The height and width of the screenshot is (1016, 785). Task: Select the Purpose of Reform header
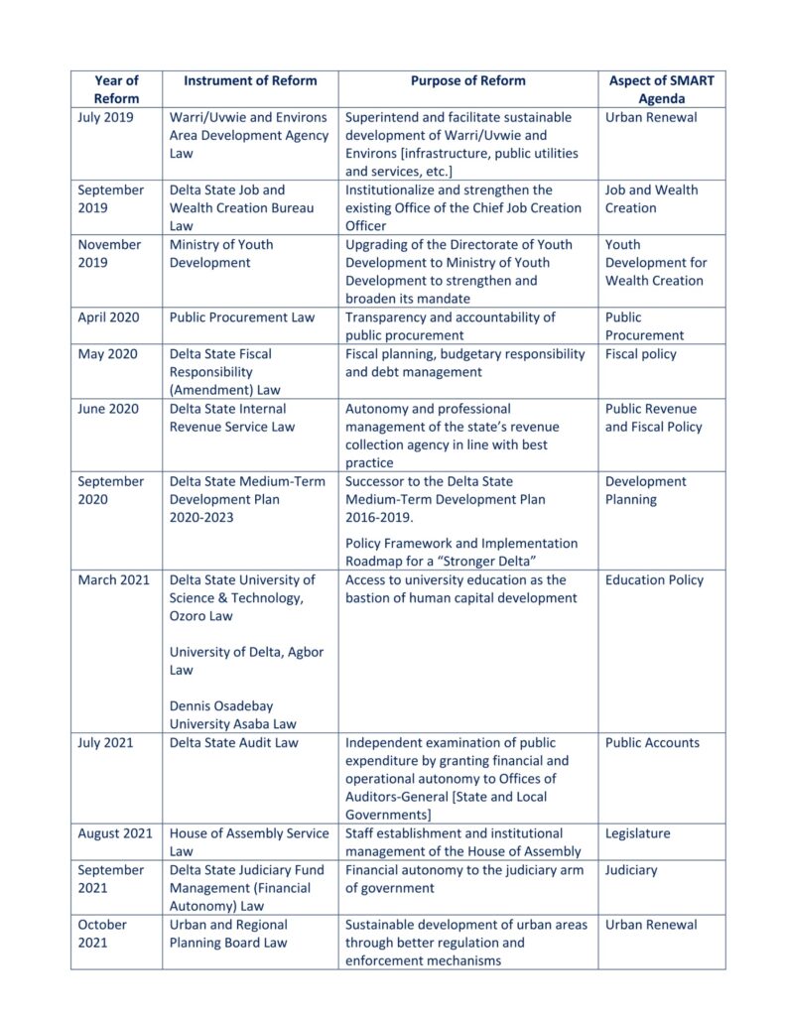point(467,80)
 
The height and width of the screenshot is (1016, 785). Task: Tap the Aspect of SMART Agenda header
point(661,89)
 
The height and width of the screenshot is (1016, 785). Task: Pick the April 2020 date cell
point(109,317)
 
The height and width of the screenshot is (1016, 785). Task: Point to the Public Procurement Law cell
point(241,317)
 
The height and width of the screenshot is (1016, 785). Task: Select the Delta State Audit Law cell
point(233,742)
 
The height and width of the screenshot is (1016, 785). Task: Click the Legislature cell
point(637,833)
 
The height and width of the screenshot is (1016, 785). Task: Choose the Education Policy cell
point(654,579)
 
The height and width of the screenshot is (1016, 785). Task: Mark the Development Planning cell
point(645,490)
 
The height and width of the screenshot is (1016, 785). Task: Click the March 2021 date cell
point(113,579)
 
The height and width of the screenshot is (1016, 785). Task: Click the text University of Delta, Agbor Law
point(246,661)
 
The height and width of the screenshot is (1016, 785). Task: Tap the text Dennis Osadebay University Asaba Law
point(232,715)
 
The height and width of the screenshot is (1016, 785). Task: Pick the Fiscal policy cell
point(640,354)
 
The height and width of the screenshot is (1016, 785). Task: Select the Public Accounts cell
point(652,742)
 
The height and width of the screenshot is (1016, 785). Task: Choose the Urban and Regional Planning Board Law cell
point(238,933)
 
